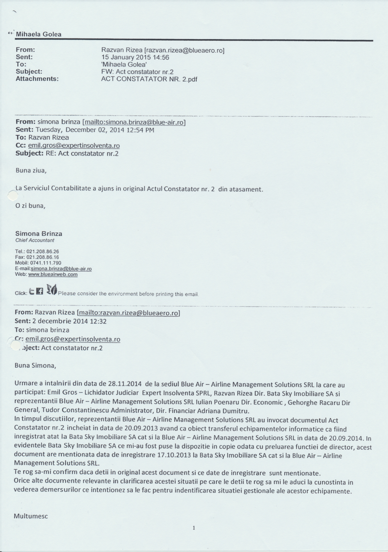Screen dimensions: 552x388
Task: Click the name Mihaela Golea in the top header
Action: tap(38, 34)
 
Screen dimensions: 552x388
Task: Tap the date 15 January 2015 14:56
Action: tap(135, 57)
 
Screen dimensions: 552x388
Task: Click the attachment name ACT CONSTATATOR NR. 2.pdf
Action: tap(149, 79)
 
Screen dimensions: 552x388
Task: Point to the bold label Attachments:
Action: tap(37, 79)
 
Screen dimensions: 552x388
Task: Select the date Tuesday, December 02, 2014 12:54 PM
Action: tap(95, 130)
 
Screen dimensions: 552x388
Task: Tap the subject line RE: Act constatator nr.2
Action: tap(82, 154)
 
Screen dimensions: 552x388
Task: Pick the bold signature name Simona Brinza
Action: tap(39, 234)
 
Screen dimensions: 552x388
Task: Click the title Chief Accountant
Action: tap(35, 240)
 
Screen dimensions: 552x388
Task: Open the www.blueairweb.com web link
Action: tap(53, 275)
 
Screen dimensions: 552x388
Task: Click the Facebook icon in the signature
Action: tap(40, 292)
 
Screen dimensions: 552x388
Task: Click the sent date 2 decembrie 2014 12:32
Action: tap(69, 321)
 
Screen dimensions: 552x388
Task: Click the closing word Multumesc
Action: tap(31, 516)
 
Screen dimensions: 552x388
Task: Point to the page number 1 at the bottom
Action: tap(194, 528)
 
